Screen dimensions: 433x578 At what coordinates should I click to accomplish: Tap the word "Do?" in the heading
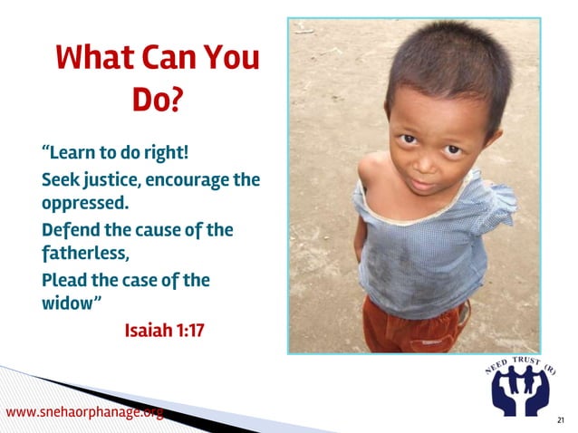[x=158, y=100]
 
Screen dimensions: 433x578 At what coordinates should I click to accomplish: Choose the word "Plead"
[x=68, y=280]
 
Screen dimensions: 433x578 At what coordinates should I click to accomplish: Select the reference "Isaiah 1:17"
[x=164, y=329]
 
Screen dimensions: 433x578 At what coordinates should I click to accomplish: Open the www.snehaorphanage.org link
[x=85, y=413]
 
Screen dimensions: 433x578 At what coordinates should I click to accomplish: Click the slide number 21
[x=561, y=420]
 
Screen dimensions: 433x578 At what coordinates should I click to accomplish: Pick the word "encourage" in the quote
[x=188, y=178]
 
